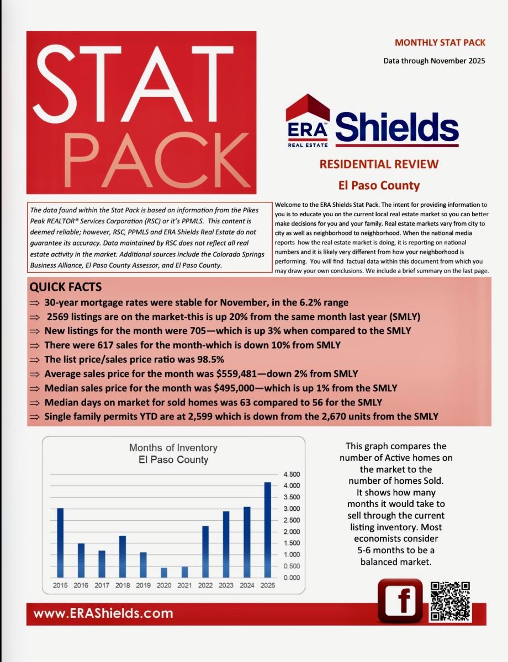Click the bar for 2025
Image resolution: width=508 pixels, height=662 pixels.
[267, 530]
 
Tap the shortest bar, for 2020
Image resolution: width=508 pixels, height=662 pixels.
[164, 572]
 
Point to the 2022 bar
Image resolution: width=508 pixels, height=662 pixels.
[205, 552]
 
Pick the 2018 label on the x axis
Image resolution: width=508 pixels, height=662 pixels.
[123, 585]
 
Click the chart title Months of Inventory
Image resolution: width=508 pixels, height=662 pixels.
[173, 447]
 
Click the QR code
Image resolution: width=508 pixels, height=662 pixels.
[450, 601]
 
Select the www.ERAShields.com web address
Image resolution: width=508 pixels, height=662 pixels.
[103, 613]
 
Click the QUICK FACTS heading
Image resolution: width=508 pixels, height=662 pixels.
[65, 287]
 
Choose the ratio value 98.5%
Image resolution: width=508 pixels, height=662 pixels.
[195, 360]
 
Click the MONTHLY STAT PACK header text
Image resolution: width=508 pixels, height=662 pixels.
[440, 42]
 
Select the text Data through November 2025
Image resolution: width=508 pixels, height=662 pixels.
[435, 61]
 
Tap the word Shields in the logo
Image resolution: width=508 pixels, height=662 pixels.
[396, 127]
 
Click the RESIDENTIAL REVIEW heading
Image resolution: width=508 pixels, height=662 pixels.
[379, 164]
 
